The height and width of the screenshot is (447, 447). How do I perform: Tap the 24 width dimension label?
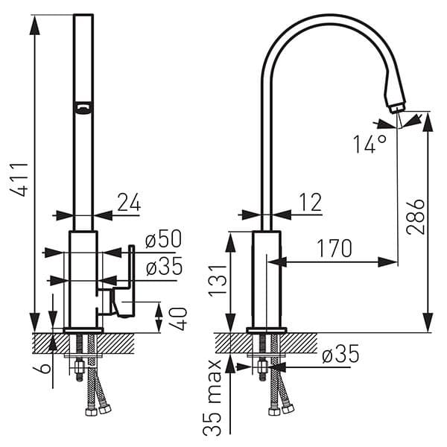pyautogui.click(x=128, y=201)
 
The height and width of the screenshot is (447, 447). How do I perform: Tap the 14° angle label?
pyautogui.click(x=370, y=143)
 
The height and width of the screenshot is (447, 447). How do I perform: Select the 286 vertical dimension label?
pyautogui.click(x=415, y=217)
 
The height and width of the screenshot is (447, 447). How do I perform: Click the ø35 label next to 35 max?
pyautogui.click(x=340, y=355)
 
